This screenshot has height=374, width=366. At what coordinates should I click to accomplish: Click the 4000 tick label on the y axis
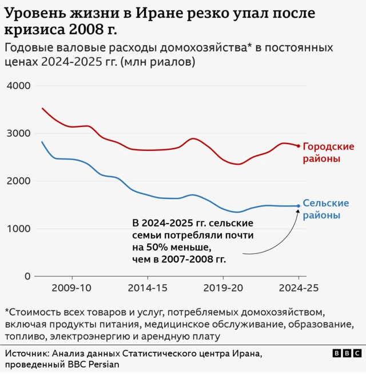click(19, 86)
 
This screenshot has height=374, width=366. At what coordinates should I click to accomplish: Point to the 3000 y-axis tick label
click(19, 133)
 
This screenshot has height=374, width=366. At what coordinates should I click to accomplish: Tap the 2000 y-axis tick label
click(19, 181)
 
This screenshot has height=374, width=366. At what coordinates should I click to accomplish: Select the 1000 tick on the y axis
click(19, 229)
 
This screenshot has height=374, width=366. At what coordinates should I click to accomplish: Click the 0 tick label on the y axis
click(27, 276)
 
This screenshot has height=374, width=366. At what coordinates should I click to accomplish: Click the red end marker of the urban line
click(299, 146)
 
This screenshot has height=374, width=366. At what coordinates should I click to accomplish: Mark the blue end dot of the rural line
click(299, 206)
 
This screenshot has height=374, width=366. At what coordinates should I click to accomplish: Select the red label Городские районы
click(328, 152)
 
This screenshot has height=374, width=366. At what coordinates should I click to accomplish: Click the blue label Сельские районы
click(325, 209)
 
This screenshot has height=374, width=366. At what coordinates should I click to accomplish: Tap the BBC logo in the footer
click(347, 353)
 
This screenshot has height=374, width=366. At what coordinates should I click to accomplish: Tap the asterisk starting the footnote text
click(7, 312)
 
